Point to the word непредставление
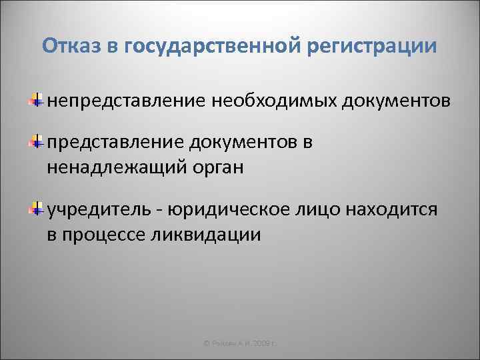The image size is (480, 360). [126, 101]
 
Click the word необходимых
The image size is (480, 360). [275, 101]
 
